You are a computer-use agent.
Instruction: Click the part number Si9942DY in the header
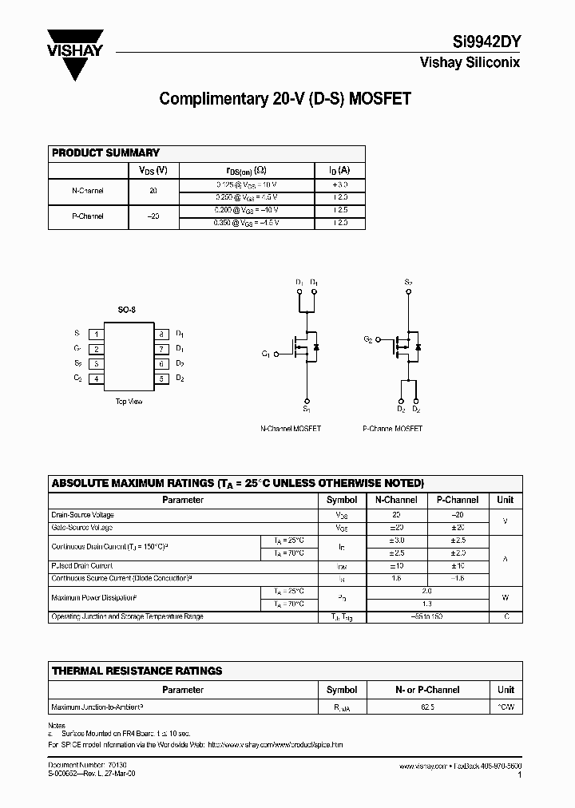[x=483, y=45]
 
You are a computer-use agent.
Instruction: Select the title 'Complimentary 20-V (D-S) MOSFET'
[x=285, y=99]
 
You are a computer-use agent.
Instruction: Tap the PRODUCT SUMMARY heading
[x=105, y=152]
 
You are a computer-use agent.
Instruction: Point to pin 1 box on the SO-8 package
[x=96, y=335]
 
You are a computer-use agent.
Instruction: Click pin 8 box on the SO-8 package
[x=161, y=335]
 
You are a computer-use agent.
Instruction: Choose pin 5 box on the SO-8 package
[x=161, y=378]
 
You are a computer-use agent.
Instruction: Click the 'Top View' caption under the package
[x=129, y=402]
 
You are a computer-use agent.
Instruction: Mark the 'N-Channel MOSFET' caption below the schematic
[x=291, y=429]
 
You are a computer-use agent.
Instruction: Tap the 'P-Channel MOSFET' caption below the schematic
[x=392, y=429]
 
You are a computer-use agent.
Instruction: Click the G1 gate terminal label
[x=266, y=354]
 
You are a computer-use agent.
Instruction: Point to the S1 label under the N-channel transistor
[x=306, y=410]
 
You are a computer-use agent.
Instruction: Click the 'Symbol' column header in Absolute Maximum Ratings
[x=342, y=500]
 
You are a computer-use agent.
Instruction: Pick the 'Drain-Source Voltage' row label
[x=82, y=515]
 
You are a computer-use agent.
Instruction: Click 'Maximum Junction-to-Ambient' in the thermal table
[x=97, y=707]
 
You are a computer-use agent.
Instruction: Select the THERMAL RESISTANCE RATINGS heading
[x=137, y=671]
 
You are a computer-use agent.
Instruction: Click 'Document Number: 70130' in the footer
[x=77, y=765]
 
